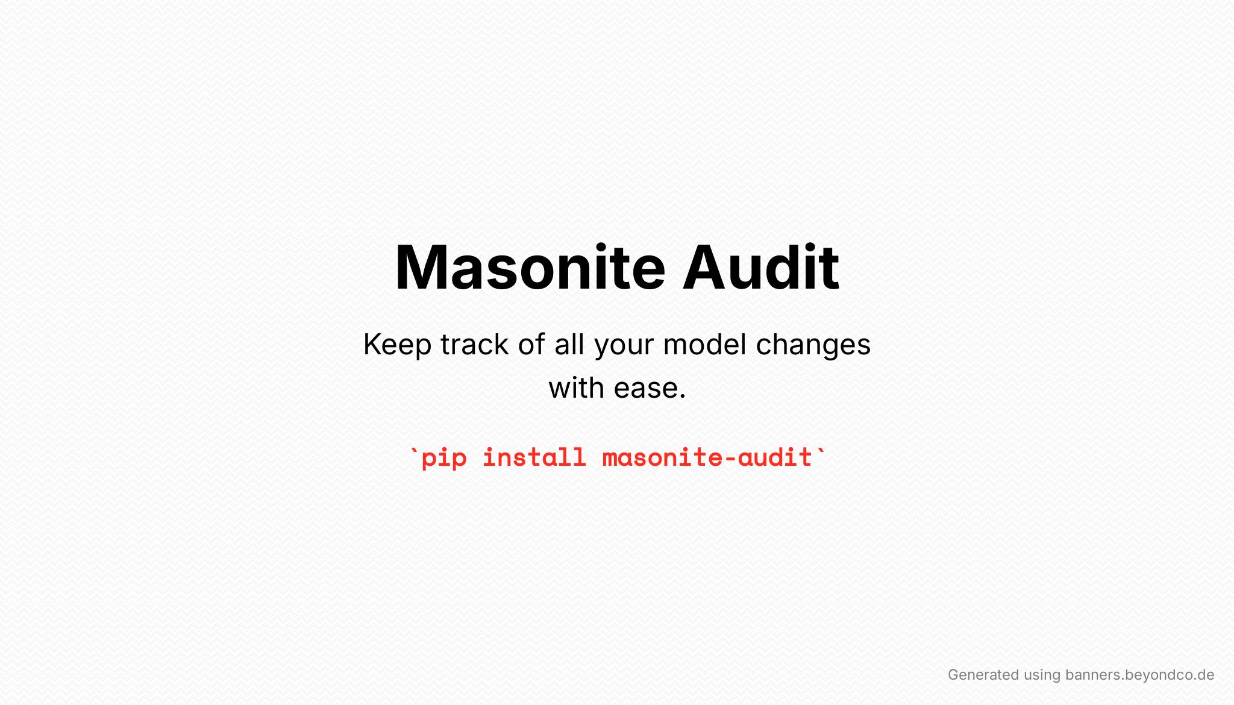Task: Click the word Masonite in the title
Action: [530, 268]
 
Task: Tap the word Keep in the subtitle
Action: [398, 346]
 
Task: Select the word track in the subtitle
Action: [475, 345]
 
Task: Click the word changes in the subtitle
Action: [813, 346]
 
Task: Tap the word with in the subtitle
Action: [577, 387]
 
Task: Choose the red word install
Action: [534, 457]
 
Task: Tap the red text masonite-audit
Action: [707, 457]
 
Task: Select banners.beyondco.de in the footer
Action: [1140, 675]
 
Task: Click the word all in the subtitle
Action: [569, 345]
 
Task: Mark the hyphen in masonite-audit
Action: [730, 459]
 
